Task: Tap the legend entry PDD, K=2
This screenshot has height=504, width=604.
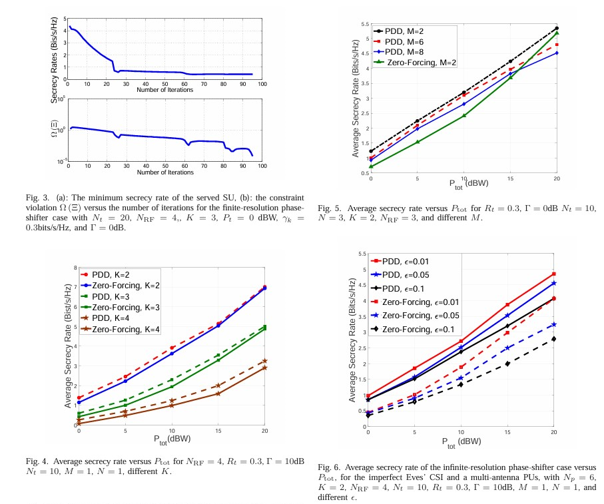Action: (111, 274)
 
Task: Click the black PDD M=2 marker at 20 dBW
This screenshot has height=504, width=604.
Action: (557, 29)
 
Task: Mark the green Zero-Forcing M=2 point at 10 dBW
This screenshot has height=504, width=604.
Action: (464, 115)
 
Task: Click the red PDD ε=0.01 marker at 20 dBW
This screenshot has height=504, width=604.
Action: (554, 274)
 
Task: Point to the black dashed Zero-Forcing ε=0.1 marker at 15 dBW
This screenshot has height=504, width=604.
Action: (507, 364)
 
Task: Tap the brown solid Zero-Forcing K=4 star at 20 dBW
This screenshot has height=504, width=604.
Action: (264, 368)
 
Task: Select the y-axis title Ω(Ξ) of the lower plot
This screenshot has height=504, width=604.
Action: (54, 129)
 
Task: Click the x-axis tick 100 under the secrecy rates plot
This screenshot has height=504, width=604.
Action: (262, 84)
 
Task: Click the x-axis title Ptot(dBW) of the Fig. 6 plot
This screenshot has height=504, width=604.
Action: (461, 441)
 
